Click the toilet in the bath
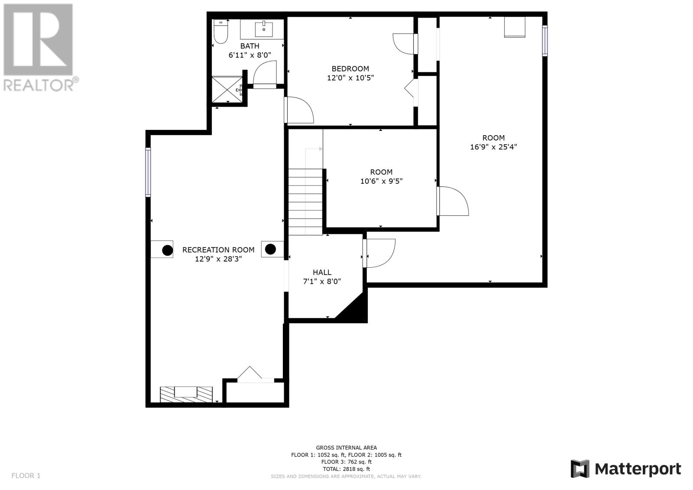[x=220, y=32]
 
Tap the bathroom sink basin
[x=264, y=29]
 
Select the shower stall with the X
[x=227, y=89]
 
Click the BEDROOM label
[x=350, y=69]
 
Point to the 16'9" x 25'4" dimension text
[x=493, y=147]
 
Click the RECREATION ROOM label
[x=218, y=250]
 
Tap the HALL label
[x=322, y=273]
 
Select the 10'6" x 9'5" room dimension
[x=382, y=181]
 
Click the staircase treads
[x=306, y=202]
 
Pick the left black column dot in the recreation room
[x=167, y=250]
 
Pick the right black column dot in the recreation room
[x=270, y=249]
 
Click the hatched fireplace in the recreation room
[x=186, y=394]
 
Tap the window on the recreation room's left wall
[x=148, y=172]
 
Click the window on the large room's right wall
[x=545, y=41]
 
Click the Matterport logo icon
[x=580, y=469]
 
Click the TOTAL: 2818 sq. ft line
[x=346, y=469]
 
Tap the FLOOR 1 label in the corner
[x=26, y=475]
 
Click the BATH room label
[x=249, y=46]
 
